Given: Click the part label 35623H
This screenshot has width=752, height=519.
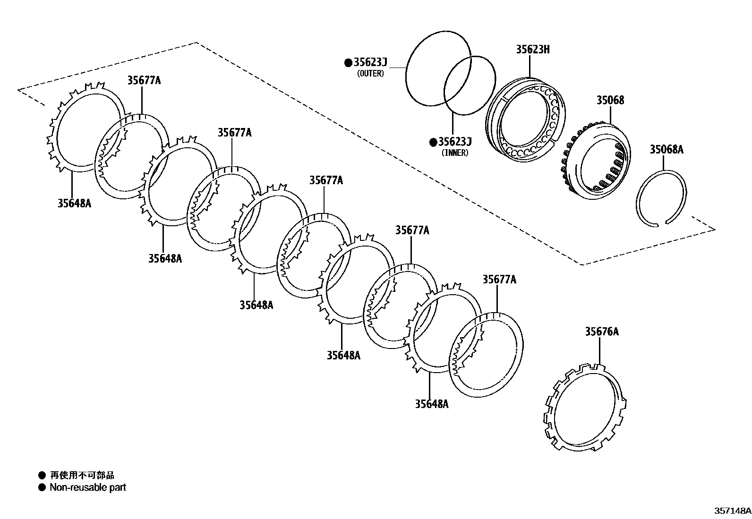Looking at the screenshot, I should coord(532,50).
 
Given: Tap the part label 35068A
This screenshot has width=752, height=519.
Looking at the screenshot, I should coord(666,150).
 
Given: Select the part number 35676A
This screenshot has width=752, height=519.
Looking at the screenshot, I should coord(601,332).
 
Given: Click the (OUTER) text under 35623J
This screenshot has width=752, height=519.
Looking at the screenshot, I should coord(371,74).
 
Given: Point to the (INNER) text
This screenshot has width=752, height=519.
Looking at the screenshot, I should coord(455,153).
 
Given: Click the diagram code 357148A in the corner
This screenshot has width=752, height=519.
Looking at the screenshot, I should coord(732,510).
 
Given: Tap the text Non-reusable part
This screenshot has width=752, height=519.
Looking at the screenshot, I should coord(88,487).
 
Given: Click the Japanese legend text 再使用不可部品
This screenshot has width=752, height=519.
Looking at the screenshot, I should coord(82,475).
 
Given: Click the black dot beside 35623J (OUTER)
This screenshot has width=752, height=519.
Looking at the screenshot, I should coord(348,62).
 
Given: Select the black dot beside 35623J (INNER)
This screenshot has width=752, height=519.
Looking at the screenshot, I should coord(433,142).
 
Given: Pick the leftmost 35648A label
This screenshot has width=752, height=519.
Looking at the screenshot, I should coord(74,204).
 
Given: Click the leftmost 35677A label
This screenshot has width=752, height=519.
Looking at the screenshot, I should coord(144,80).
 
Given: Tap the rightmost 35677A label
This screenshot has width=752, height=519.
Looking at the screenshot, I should coord(499,280).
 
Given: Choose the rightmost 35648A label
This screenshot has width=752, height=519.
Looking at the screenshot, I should coord(432,404).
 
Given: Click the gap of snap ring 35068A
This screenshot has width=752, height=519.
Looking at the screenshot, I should coord(660,223).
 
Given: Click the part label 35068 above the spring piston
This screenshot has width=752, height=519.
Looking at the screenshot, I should coord(610,100).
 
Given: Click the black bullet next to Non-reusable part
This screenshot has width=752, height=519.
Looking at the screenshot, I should coord(42,487).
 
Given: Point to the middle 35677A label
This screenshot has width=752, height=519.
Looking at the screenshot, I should coord(326,180).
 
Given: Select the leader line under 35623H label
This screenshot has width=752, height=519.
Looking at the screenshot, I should coord(530,66).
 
